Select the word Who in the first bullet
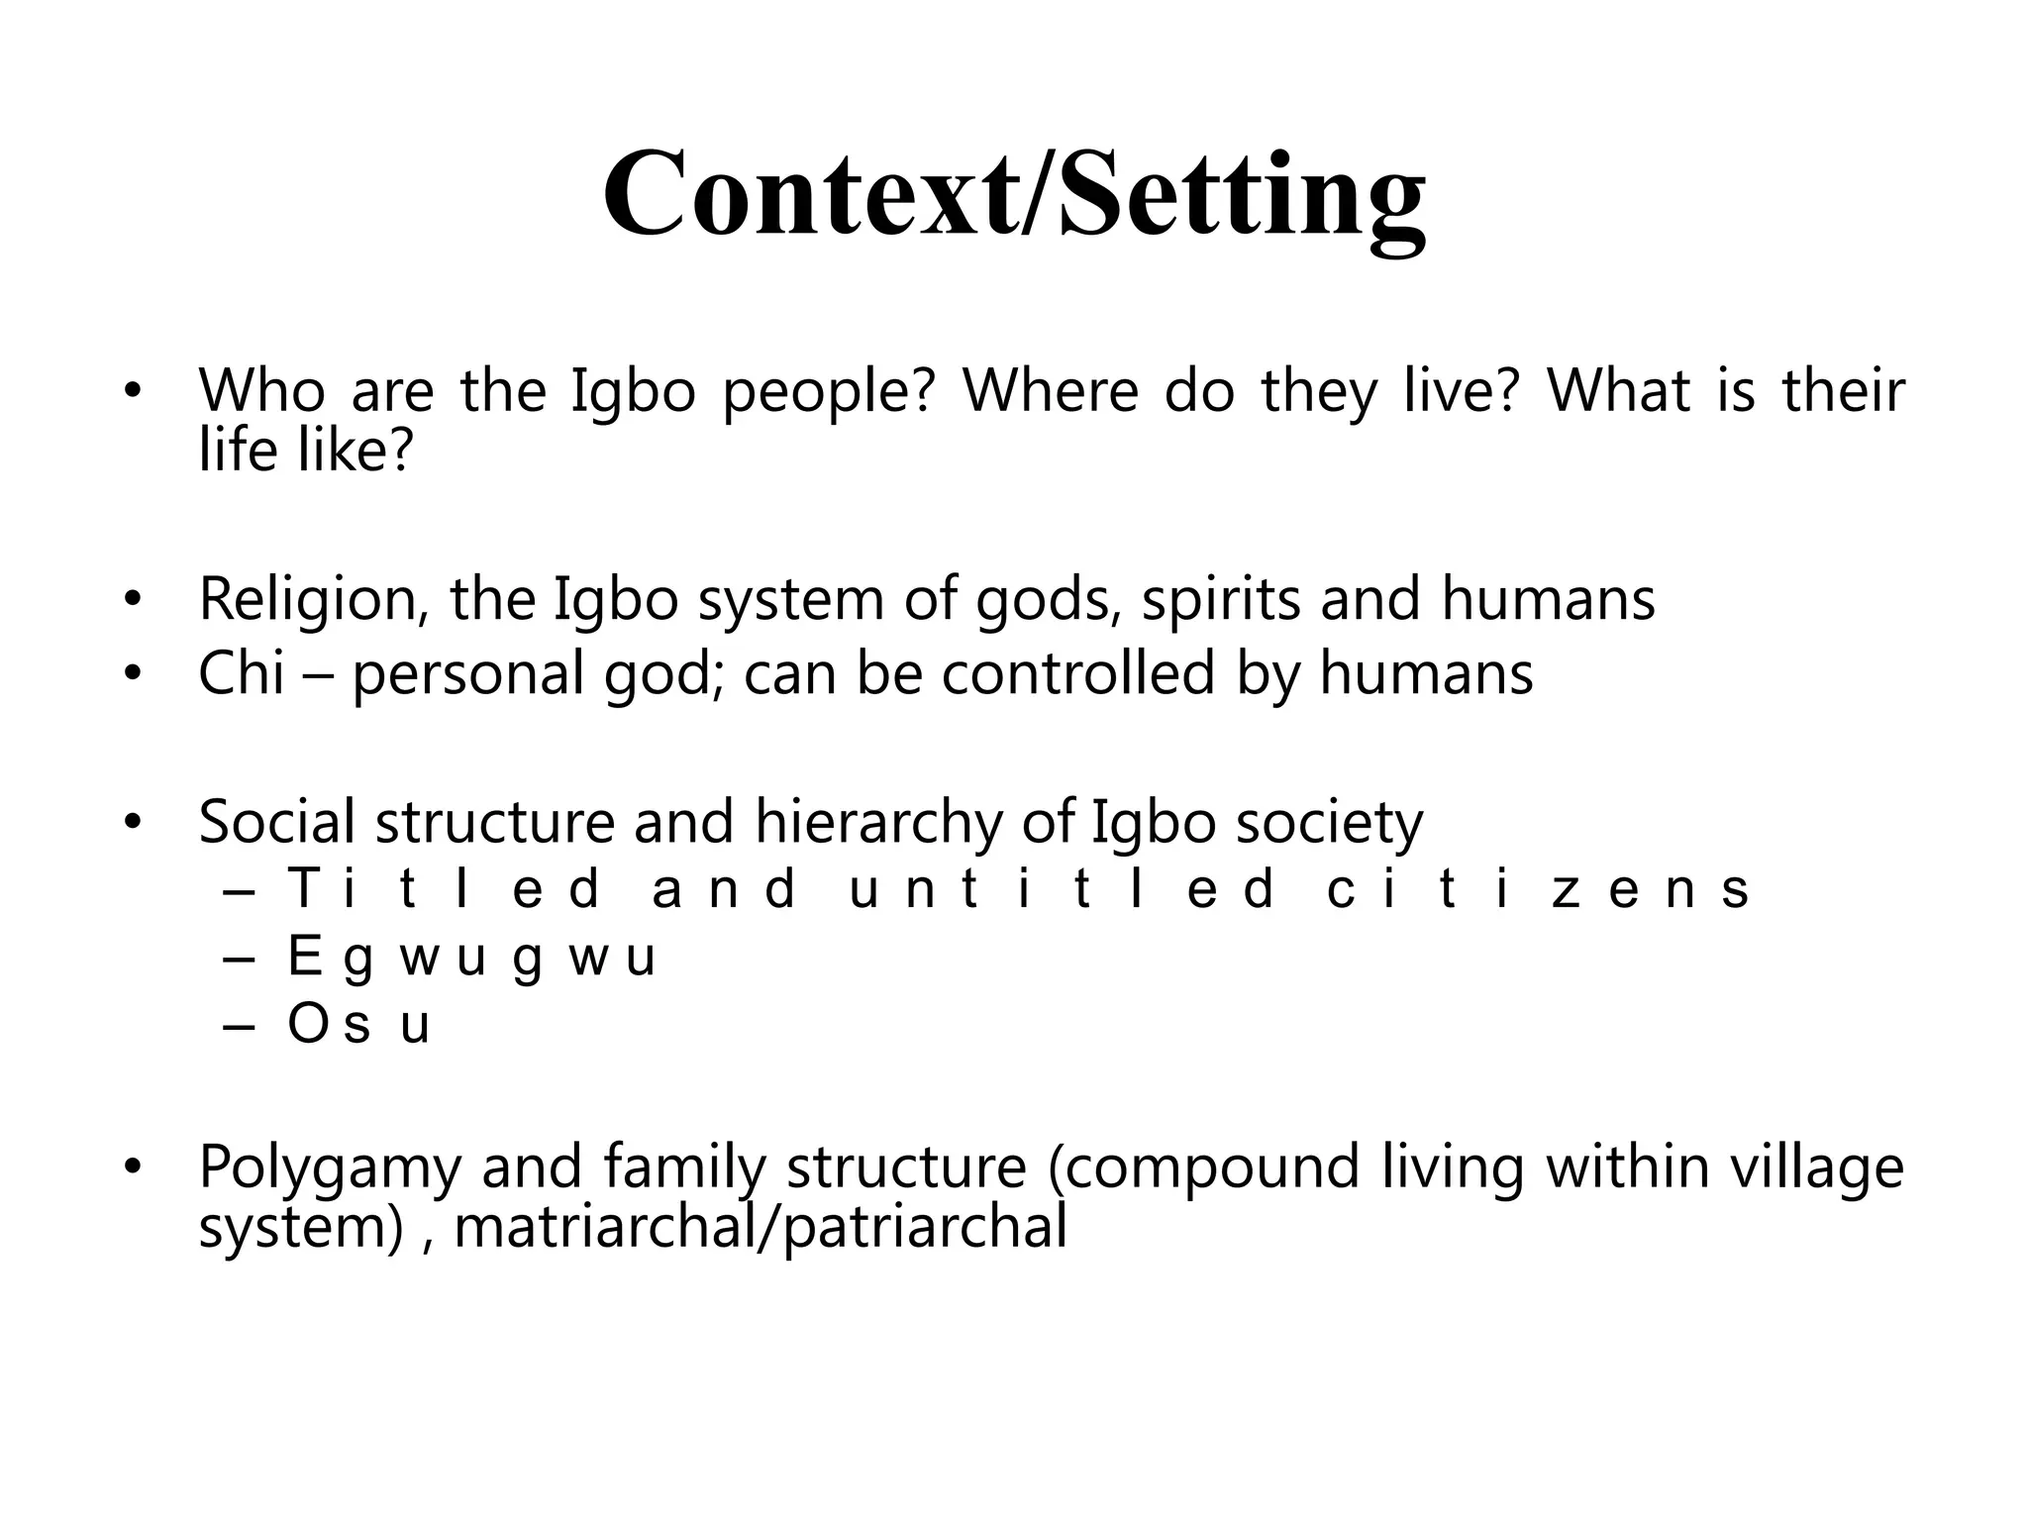261,391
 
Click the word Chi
242,673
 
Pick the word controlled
1077,673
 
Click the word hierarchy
878,822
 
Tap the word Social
276,822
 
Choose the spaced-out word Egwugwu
471,958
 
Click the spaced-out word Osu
358,1025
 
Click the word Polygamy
330,1168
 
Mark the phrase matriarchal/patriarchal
760,1228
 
